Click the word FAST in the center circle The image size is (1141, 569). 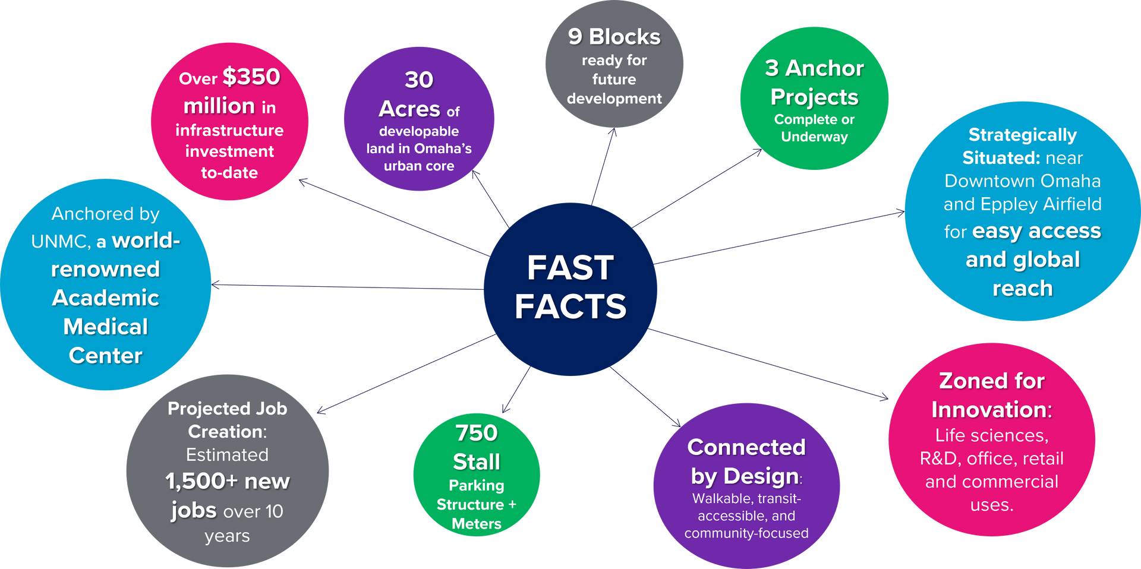pos(570,268)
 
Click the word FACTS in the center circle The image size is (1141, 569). pos(570,306)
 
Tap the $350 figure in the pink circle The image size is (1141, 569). pos(251,77)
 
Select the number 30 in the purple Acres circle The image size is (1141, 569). pos(419,80)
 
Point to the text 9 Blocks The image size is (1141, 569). pos(614,37)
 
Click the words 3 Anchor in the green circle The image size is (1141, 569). pos(814,68)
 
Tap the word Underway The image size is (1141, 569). pos(814,137)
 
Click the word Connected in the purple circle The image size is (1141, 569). pos(746,447)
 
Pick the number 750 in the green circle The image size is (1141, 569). pos(476,433)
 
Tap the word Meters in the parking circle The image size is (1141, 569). pos(476,524)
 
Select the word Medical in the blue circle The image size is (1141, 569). pos(106,327)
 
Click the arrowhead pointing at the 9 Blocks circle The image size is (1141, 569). pos(613,132)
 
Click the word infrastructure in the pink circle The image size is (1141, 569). pos(229,130)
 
